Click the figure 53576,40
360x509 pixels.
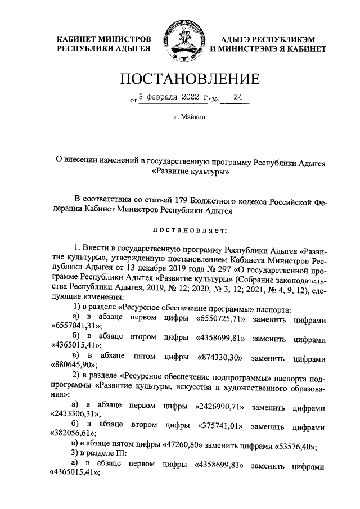point(293,446)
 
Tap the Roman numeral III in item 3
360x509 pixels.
point(116,454)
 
